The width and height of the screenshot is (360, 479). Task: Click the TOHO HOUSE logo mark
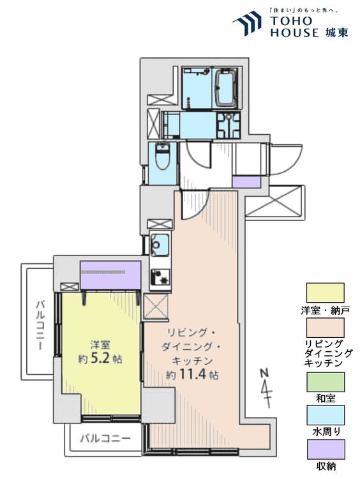coord(247,24)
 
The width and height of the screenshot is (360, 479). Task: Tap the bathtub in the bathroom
coord(227,87)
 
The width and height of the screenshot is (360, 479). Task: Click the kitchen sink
coord(159,244)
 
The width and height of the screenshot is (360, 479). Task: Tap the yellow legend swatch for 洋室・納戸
coord(325,293)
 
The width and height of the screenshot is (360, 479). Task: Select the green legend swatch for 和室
coord(325,381)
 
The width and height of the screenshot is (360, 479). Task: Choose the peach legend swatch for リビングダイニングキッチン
coord(325,328)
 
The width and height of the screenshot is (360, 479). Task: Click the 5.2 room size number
coord(102,358)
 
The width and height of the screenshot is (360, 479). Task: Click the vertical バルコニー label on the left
coord(40,325)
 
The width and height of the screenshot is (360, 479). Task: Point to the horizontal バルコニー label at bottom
coord(105,439)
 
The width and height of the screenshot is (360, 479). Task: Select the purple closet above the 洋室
coord(110,274)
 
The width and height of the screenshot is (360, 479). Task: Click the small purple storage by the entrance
coord(246,182)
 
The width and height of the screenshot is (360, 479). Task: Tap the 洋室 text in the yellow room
coord(98,344)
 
